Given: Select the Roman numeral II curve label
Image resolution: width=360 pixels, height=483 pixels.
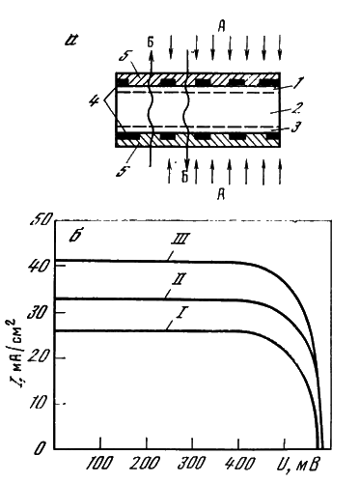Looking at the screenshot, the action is click(178, 280).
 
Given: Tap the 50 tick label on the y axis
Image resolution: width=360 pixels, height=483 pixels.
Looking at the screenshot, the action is click(41, 220).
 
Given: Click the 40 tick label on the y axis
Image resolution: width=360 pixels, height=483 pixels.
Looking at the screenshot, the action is click(39, 268).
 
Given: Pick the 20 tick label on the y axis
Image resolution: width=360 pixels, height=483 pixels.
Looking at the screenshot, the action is click(39, 356).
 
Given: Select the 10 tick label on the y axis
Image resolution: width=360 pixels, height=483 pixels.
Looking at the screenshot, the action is click(39, 403).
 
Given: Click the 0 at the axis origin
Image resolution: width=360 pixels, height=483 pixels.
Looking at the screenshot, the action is click(39, 448).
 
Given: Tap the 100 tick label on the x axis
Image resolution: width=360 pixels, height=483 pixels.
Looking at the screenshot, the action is click(100, 465).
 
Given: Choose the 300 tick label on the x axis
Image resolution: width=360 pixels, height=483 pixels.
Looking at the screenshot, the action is click(192, 465).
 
